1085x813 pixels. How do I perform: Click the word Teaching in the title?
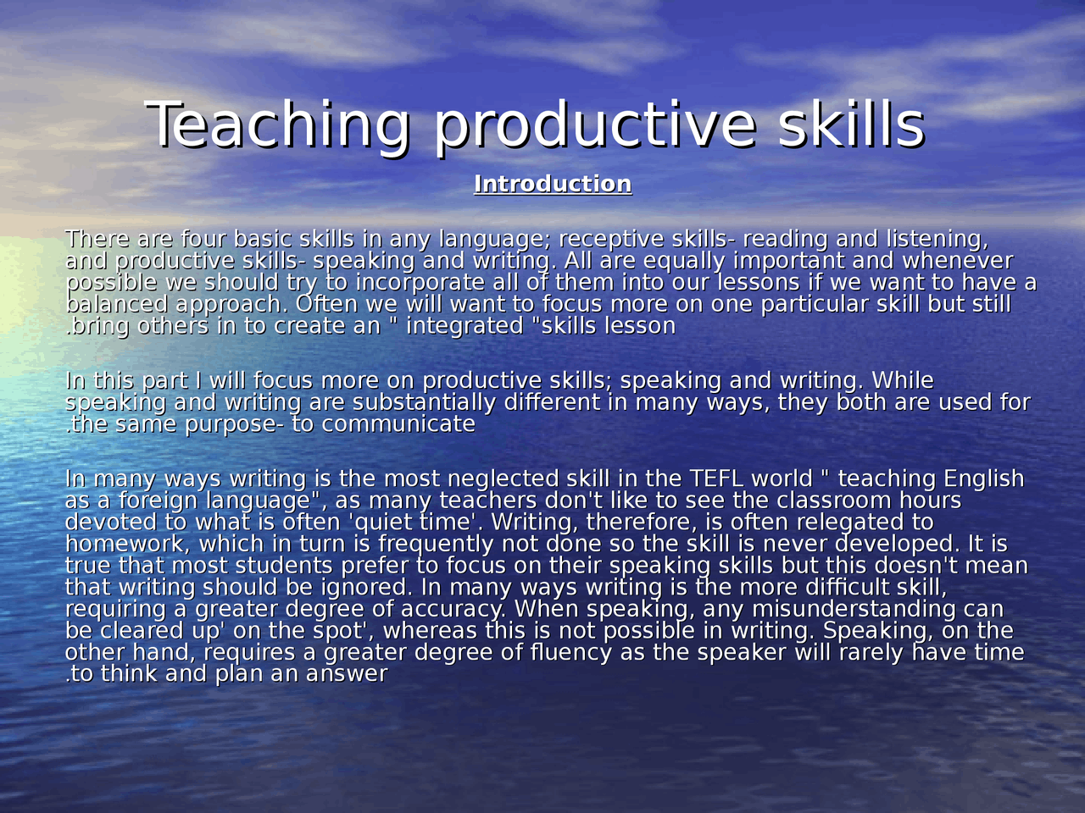[x=277, y=125]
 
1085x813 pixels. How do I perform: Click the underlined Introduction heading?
[x=553, y=184]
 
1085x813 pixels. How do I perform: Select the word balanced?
[x=116, y=304]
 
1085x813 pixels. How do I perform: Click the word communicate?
[x=398, y=424]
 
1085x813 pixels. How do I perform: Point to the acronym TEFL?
[x=716, y=479]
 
